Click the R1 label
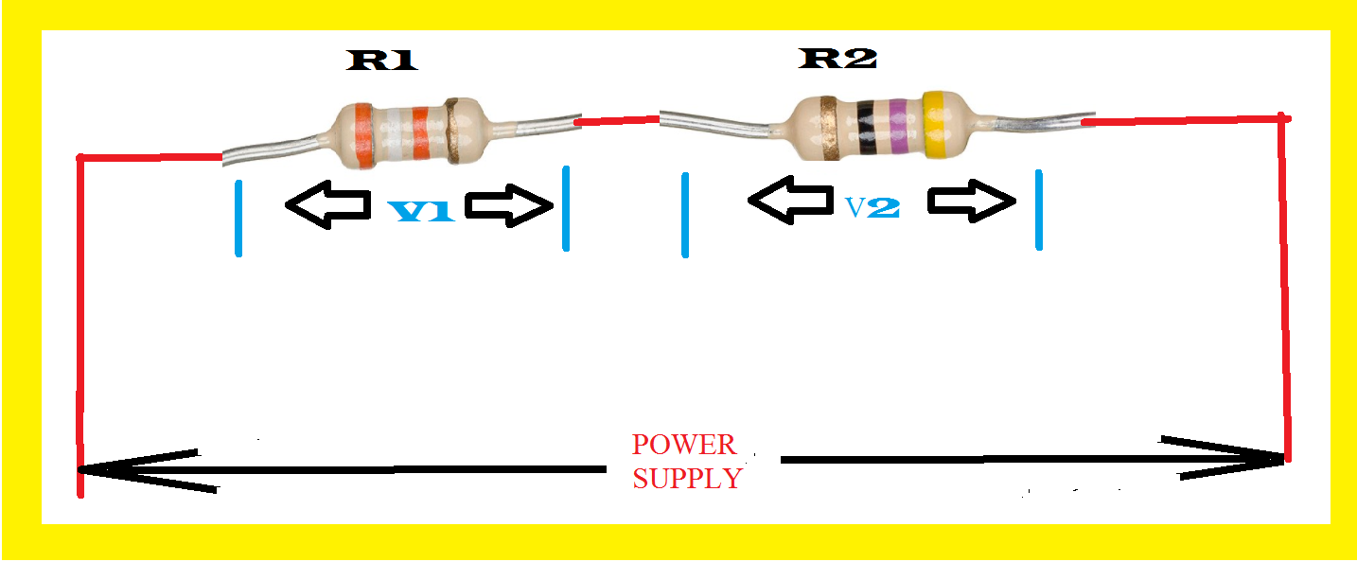click(x=383, y=61)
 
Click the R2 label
click(x=838, y=59)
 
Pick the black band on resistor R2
click(x=866, y=127)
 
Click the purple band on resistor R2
click(x=897, y=127)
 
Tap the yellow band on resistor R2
click(x=936, y=125)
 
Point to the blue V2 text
click(x=872, y=207)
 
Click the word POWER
click(x=683, y=445)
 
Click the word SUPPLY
click(x=687, y=479)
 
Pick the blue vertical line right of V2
click(x=1038, y=210)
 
